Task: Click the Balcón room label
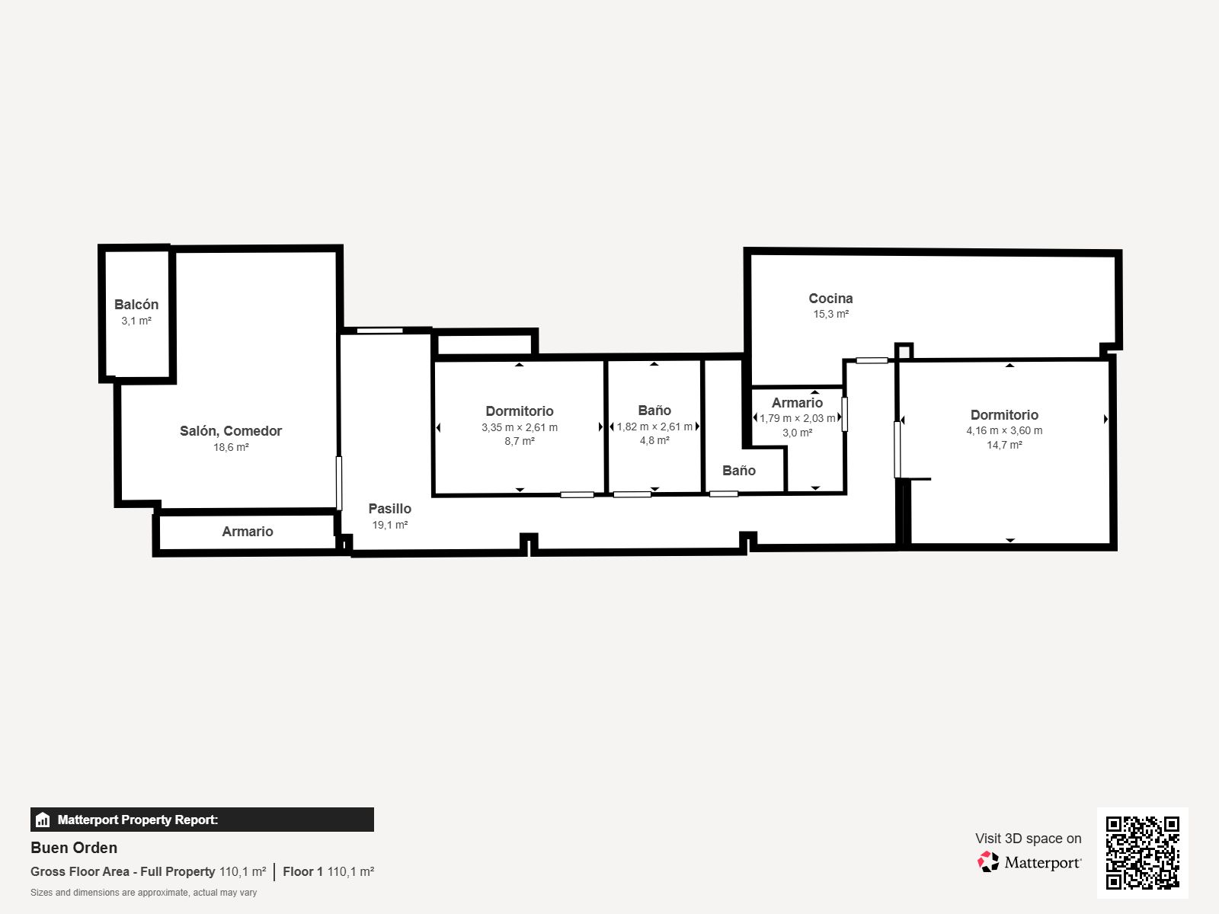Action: pos(136,304)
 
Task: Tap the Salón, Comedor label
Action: pos(231,431)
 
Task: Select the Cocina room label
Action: pos(830,298)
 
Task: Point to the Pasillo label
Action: pos(390,508)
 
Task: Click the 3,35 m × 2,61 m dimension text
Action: pos(520,427)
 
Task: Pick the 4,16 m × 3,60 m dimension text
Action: pos(1004,430)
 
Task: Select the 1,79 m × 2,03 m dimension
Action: pos(797,418)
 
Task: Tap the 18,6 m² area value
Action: pos(231,447)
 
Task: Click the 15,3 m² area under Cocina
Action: pos(830,314)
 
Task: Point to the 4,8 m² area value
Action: pos(654,440)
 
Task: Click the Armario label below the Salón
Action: pos(247,531)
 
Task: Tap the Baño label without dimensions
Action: pos(738,470)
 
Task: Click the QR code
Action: pos(1142,852)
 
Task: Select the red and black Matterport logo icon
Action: pos(987,861)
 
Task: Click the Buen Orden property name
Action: pos(74,848)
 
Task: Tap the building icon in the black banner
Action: pos(43,819)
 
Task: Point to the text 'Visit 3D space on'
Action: pos(1028,838)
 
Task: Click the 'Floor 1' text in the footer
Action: pos(302,871)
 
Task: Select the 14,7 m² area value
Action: pos(1004,445)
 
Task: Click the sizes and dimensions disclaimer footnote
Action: pos(143,893)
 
